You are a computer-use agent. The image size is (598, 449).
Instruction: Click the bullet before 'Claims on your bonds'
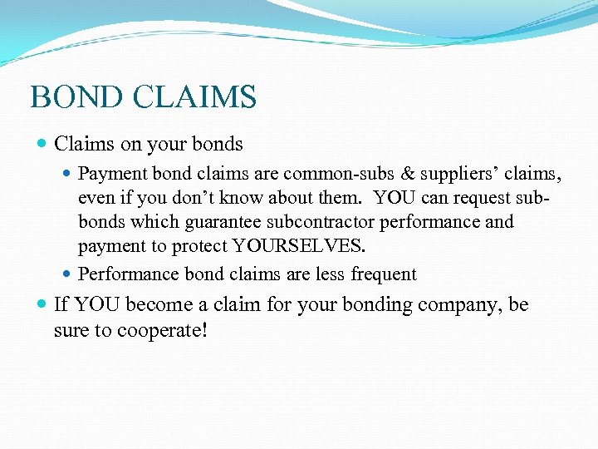pos(42,145)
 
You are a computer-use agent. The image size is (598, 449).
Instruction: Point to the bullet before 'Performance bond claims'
pos(68,274)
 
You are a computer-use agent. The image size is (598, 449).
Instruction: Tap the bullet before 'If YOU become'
pos(42,306)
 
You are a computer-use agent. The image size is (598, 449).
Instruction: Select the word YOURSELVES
pos(299,246)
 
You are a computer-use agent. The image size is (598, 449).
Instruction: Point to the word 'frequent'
pos(384,274)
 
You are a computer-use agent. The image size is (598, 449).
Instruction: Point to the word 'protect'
pos(200,246)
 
